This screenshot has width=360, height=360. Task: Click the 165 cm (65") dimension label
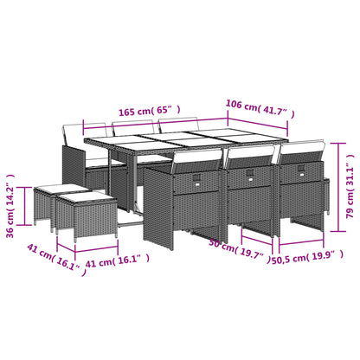coord(149,111)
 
